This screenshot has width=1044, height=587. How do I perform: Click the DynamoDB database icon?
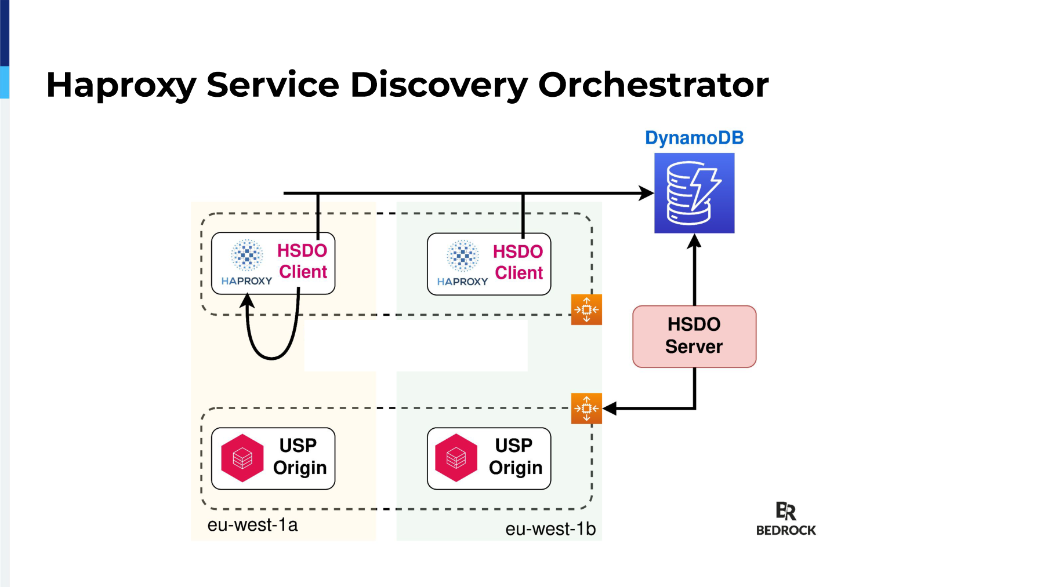(694, 193)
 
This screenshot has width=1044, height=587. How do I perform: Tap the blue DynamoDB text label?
(694, 138)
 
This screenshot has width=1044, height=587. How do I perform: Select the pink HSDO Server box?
(694, 337)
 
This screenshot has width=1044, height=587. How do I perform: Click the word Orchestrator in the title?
(654, 85)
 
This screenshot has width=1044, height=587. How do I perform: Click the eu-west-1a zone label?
(252, 525)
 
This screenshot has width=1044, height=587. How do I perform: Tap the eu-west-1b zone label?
(550, 529)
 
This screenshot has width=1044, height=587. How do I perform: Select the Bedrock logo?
(786, 519)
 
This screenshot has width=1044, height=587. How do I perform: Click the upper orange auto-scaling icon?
(586, 309)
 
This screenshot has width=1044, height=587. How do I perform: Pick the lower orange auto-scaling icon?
(586, 409)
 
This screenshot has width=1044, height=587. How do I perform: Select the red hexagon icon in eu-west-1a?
(242, 458)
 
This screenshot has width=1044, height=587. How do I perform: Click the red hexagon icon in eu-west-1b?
(456, 458)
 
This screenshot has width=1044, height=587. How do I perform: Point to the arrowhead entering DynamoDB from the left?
(647, 193)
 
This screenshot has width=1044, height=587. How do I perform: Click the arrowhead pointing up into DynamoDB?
(694, 241)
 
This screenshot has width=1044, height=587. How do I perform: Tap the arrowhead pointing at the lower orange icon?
(610, 409)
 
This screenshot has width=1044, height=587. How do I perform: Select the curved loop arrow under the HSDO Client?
(271, 358)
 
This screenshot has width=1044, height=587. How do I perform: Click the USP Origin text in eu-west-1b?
(516, 457)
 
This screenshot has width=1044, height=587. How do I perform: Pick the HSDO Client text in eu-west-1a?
(302, 261)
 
